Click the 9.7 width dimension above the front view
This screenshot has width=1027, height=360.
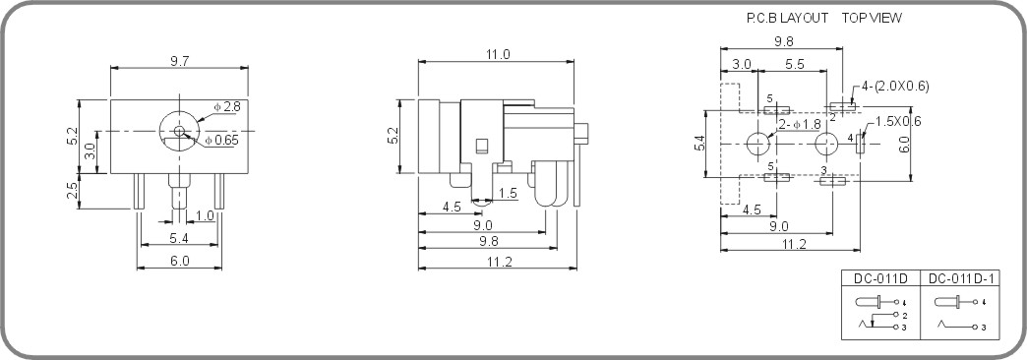(180, 61)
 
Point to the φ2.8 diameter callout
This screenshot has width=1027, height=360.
(225, 106)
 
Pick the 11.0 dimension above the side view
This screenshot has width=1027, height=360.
(498, 55)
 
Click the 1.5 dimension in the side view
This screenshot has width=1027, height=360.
(507, 193)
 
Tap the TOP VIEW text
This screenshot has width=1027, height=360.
(872, 18)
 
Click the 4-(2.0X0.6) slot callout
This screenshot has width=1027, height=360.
(895, 86)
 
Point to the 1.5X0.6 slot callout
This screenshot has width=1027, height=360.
(898, 121)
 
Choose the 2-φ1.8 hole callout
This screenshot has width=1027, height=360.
(800, 125)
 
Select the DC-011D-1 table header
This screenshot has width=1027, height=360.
(962, 278)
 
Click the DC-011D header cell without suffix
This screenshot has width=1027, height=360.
(880, 278)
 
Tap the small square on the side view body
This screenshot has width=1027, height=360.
(481, 147)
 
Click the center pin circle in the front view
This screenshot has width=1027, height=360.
(179, 131)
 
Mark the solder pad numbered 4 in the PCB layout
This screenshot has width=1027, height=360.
(860, 144)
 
